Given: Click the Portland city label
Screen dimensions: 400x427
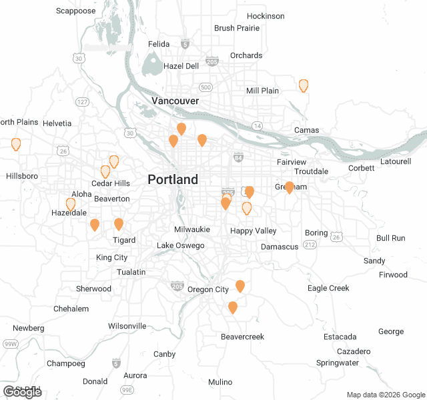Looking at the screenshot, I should click(x=173, y=179).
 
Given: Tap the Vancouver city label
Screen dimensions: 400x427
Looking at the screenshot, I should click(x=175, y=101).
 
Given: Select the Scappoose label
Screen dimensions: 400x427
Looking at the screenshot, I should click(x=75, y=11).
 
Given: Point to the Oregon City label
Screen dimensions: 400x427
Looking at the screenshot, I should click(x=207, y=289).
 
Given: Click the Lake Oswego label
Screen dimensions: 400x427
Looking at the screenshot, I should click(x=180, y=246).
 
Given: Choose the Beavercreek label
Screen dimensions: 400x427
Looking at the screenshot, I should click(x=242, y=337).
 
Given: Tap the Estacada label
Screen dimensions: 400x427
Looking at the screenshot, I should click(x=340, y=337).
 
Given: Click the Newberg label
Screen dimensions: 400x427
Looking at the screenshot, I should click(x=28, y=328).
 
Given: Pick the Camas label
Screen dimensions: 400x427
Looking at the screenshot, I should click(x=306, y=130).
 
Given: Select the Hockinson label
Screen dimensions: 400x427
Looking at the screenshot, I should click(x=266, y=16).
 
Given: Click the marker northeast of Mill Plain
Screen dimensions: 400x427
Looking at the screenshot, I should click(x=304, y=85).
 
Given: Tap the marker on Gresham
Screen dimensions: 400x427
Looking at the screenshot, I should click(x=290, y=187).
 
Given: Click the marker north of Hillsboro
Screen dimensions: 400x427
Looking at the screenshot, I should click(x=16, y=144).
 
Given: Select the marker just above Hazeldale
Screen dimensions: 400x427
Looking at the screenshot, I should click(x=71, y=204).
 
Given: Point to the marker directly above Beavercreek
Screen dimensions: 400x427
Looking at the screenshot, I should click(x=233, y=307).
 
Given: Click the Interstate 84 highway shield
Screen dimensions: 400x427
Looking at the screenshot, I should click(x=238, y=157).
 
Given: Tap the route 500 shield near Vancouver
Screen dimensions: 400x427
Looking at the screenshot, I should click(x=205, y=87).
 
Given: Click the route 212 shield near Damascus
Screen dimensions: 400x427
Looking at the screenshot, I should click(x=310, y=245).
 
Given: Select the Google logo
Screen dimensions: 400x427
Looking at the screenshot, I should click(x=22, y=392).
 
